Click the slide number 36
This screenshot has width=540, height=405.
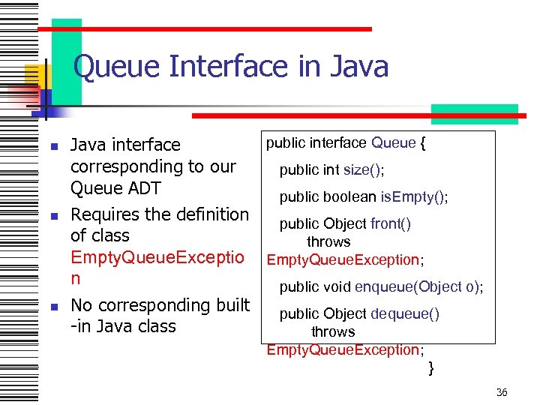point(502,392)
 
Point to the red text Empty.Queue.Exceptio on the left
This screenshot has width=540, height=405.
point(157,257)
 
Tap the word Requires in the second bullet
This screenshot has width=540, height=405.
point(106,214)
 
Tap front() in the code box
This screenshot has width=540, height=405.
point(390,223)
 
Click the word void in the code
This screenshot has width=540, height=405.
point(337,286)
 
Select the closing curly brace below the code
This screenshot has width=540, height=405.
point(430,367)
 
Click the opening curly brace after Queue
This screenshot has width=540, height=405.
point(423,142)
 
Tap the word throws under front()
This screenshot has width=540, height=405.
point(328,241)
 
